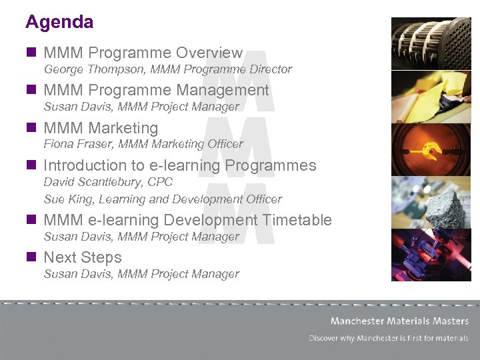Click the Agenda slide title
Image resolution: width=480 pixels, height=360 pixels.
59,22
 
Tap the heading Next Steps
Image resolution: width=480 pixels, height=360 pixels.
82,257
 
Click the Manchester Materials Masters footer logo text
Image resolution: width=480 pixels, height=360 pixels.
399,321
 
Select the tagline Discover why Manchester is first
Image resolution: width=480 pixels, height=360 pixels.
389,338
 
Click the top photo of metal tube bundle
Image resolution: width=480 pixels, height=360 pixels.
431,43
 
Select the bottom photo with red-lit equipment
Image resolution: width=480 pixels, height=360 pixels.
431,254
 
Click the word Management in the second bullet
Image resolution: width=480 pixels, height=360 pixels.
223,91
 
